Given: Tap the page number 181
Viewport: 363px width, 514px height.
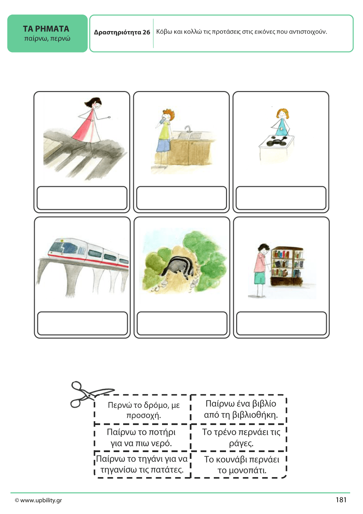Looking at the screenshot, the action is tap(341, 500).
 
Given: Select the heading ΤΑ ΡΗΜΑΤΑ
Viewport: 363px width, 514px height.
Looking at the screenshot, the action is tap(46, 29).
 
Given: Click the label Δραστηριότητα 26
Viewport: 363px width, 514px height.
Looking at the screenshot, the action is tap(122, 32).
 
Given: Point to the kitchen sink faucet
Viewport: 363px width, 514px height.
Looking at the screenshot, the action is tap(188, 129).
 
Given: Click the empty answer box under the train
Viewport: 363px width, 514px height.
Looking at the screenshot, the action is tap(82, 323).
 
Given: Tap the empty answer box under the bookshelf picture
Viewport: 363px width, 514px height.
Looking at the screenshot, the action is tap(281, 323).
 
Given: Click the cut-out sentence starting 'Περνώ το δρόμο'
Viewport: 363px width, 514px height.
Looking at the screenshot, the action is tap(144, 410).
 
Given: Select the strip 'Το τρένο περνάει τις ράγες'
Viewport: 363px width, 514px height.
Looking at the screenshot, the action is tap(241, 438).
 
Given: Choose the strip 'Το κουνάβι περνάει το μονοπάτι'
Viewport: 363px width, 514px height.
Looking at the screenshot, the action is tap(242, 465).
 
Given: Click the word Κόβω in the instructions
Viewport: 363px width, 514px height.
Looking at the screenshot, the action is tap(164, 32).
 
